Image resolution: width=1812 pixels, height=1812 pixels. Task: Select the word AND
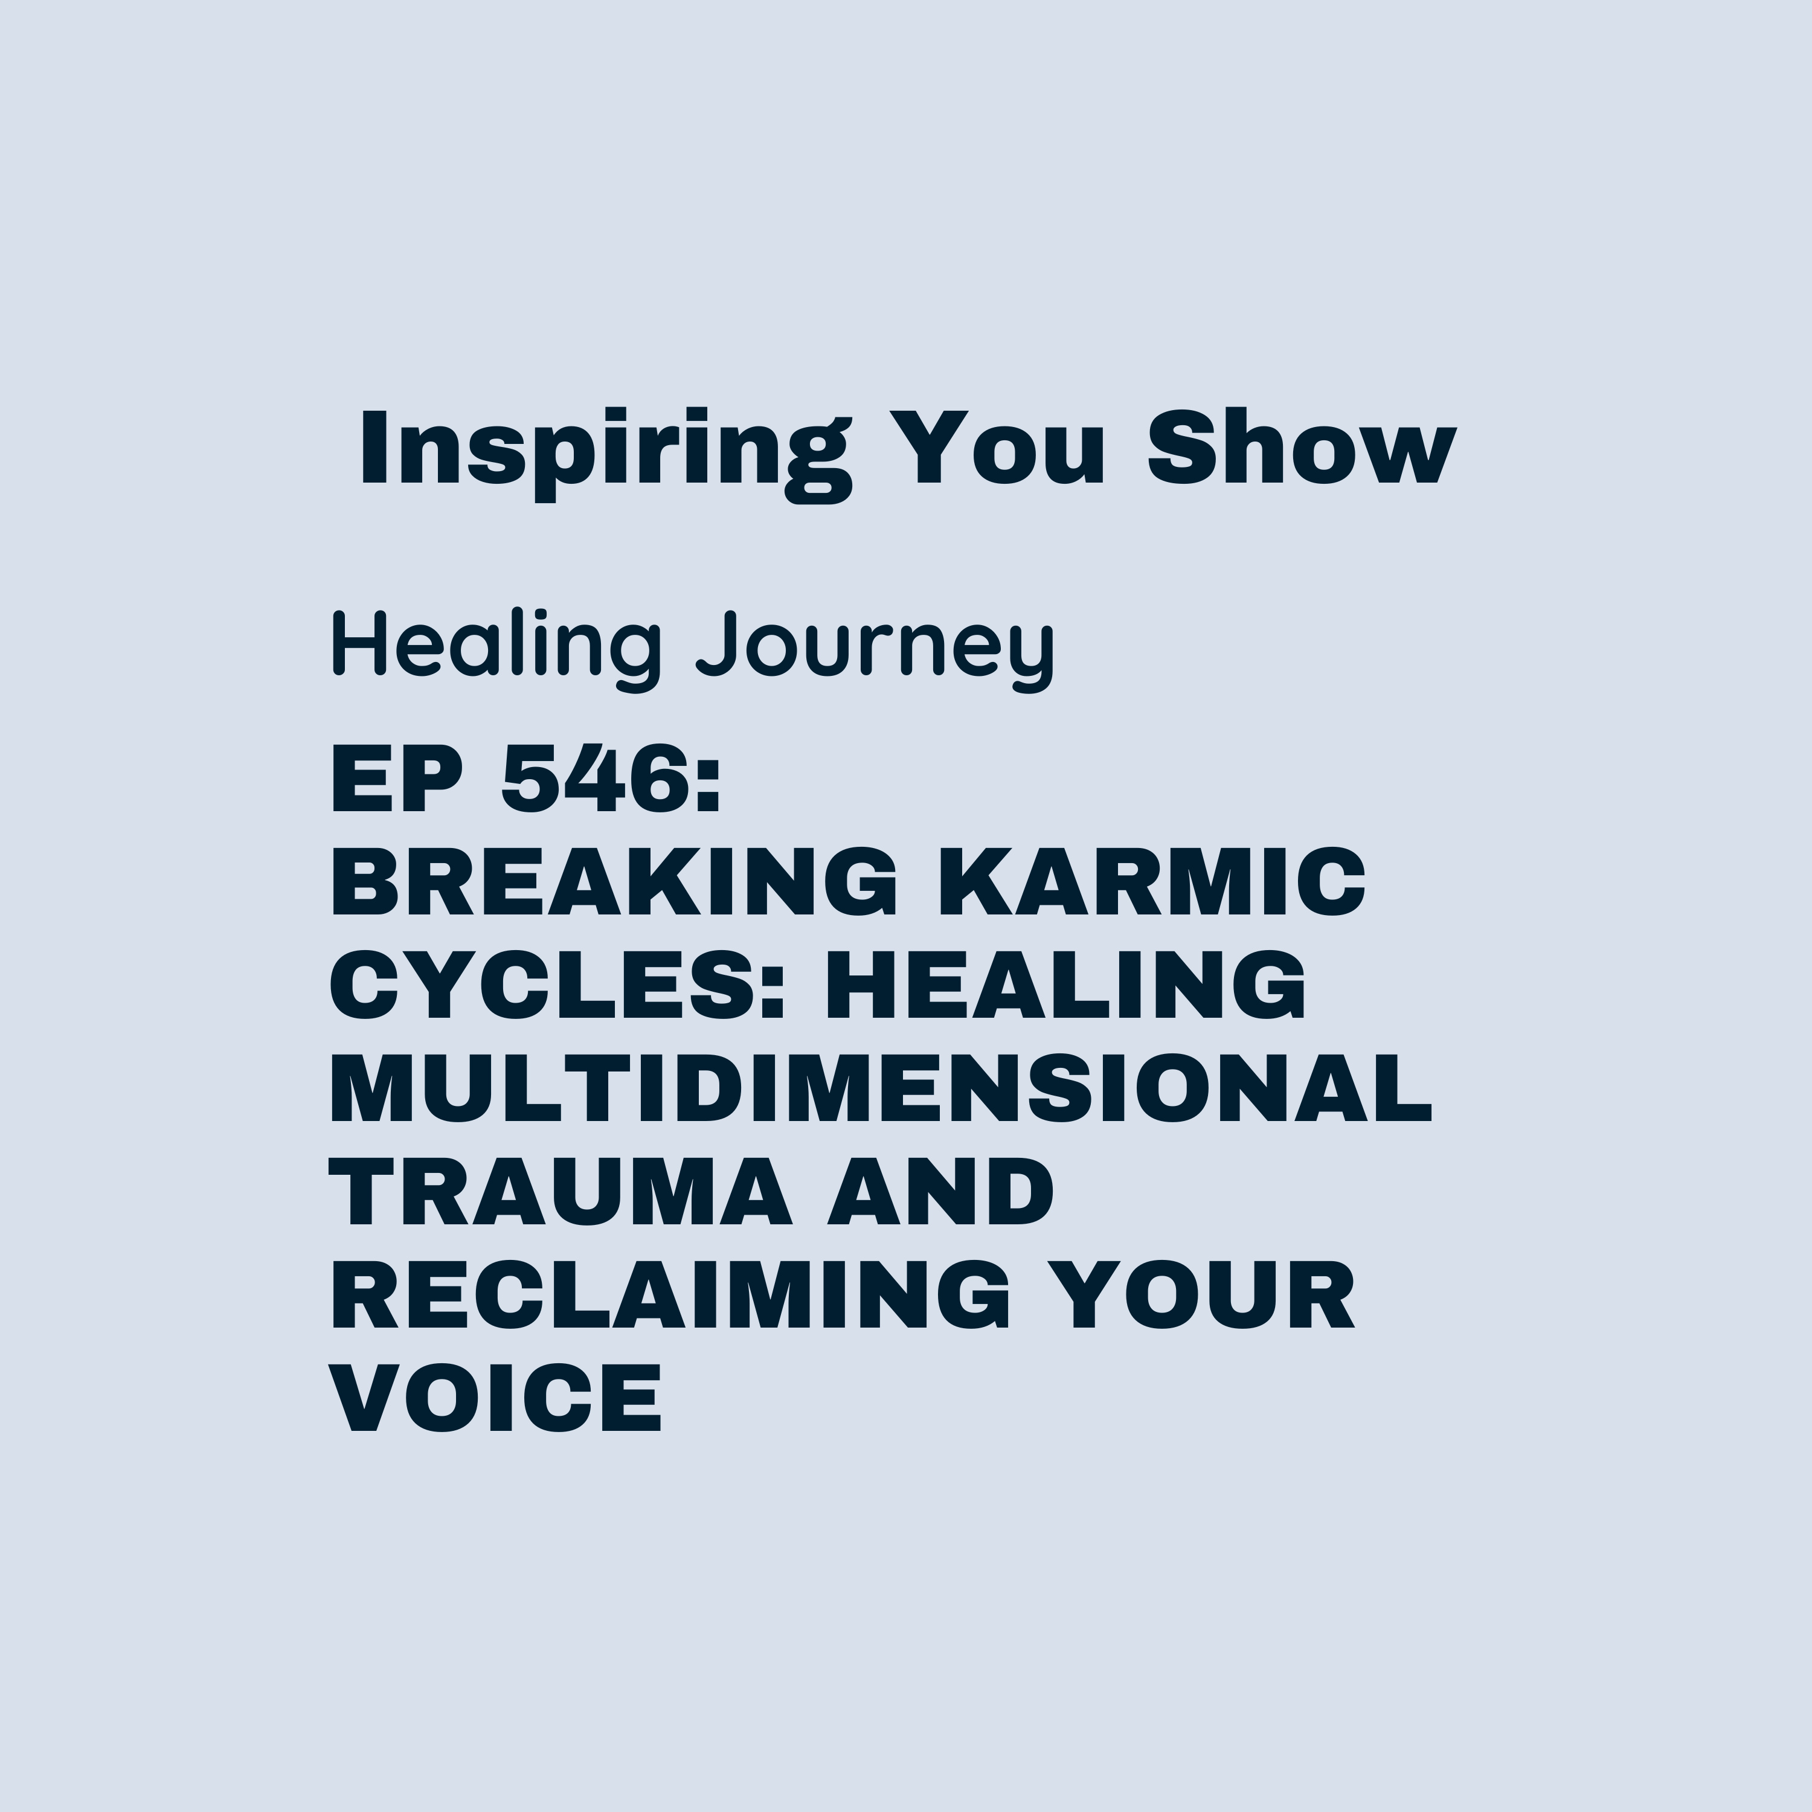(940, 1191)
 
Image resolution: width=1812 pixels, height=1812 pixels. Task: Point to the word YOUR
(1201, 1294)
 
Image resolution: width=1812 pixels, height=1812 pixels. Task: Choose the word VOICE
(496, 1398)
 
